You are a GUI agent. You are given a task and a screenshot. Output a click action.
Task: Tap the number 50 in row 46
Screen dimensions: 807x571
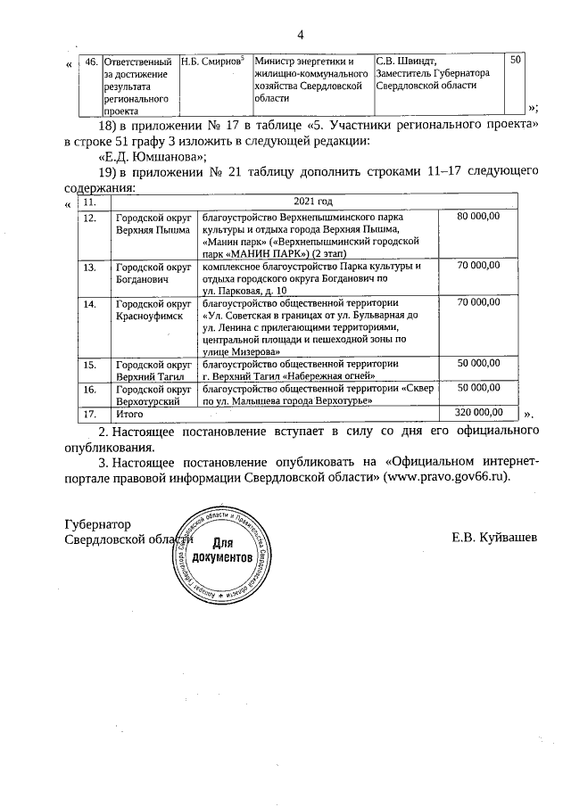pos(517,60)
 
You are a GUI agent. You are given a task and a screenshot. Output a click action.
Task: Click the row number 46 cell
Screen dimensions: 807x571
pos(90,62)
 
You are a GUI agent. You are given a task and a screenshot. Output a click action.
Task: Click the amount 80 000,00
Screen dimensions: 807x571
pos(481,217)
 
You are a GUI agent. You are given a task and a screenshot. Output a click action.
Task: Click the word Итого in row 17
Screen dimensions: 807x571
pos(131,414)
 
